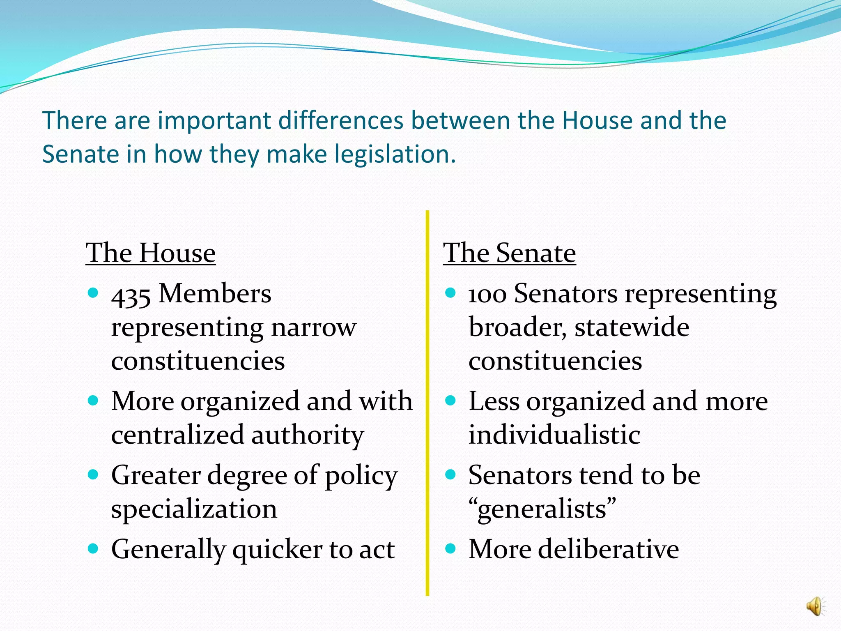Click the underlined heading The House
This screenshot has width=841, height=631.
pyautogui.click(x=150, y=253)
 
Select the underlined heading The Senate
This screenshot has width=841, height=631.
pyautogui.click(x=509, y=253)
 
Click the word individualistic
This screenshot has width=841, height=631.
pyautogui.click(x=554, y=435)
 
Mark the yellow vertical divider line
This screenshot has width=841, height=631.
pyautogui.click(x=427, y=403)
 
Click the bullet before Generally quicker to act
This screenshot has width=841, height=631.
pyautogui.click(x=94, y=548)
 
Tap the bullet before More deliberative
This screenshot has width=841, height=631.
pyautogui.click(x=451, y=548)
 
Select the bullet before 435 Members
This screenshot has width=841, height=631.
pyautogui.click(x=94, y=293)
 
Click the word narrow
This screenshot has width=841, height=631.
pyautogui.click(x=313, y=328)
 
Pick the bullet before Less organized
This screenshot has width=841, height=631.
pyautogui.click(x=451, y=400)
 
